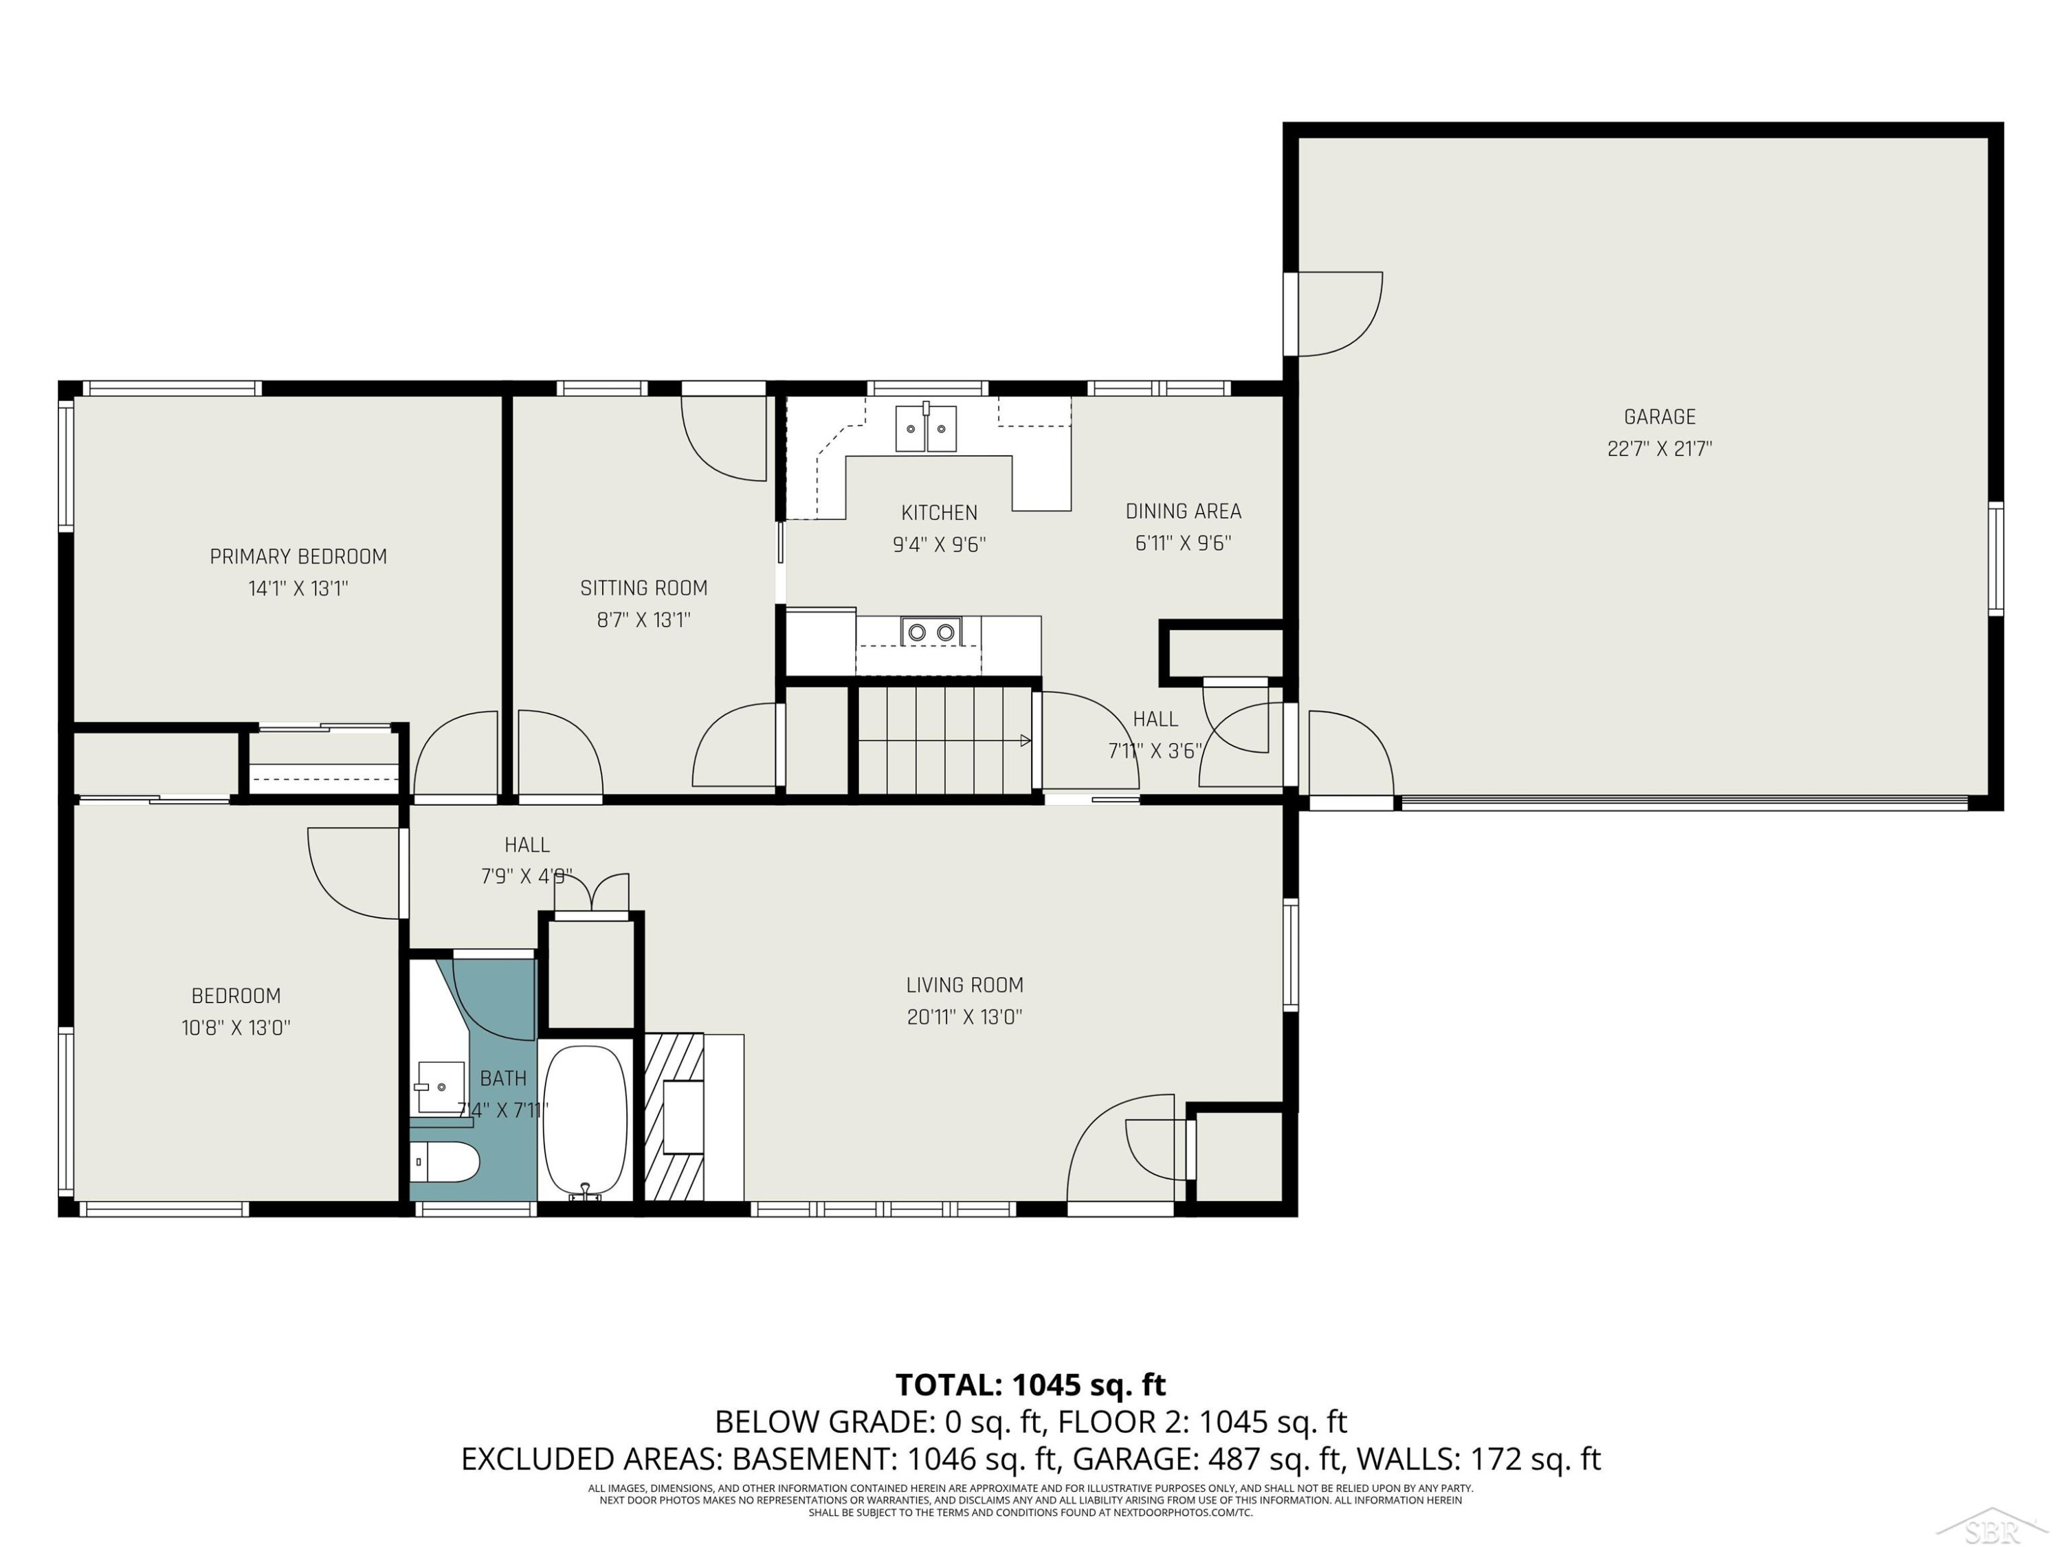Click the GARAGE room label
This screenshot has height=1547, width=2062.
pyautogui.click(x=1659, y=417)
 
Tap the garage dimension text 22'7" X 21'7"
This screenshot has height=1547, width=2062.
pyautogui.click(x=1659, y=448)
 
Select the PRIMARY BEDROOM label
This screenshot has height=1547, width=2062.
pyautogui.click(x=298, y=557)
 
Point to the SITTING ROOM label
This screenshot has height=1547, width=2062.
pyautogui.click(x=643, y=589)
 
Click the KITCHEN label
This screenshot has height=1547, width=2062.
pyautogui.click(x=939, y=513)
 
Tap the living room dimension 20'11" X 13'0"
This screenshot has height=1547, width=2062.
pyautogui.click(x=965, y=1016)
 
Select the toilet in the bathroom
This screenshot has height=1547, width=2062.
pyautogui.click(x=445, y=1163)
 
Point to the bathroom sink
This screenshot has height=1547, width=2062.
pyautogui.click(x=440, y=1086)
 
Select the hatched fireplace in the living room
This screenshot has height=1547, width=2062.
pyautogui.click(x=675, y=1117)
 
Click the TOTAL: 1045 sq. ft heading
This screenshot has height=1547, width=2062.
pyautogui.click(x=1030, y=1385)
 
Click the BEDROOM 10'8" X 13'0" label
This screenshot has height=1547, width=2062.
pyautogui.click(x=236, y=1012)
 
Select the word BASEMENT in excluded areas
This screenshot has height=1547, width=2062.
pyautogui.click(x=809, y=1458)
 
